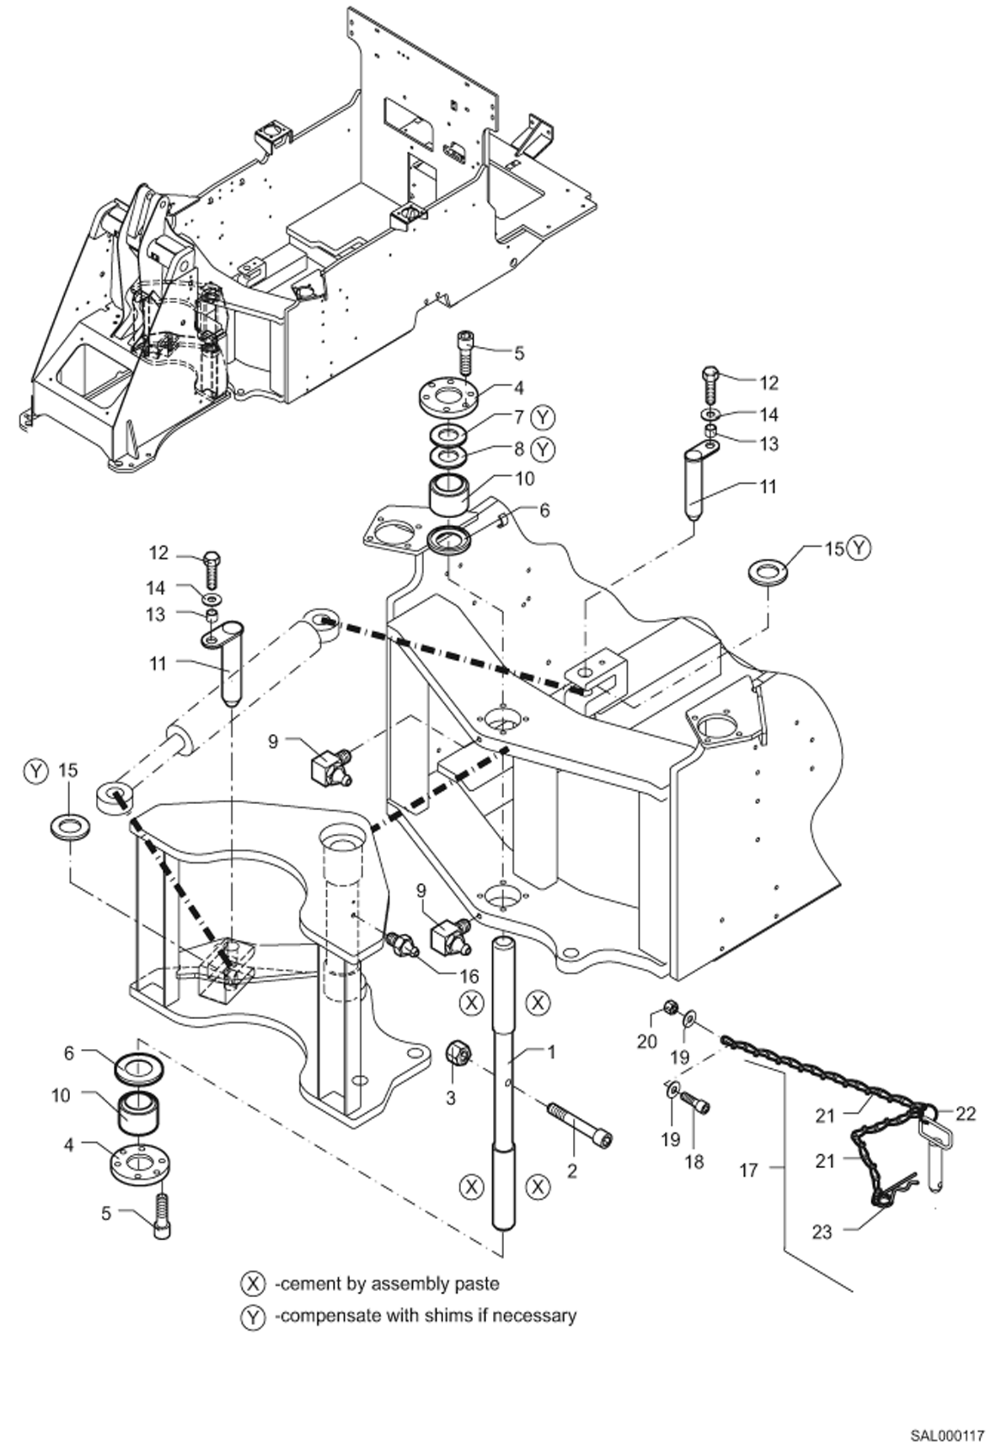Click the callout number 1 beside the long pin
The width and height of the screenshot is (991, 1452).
tap(552, 1051)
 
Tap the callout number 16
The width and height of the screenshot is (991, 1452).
tap(469, 976)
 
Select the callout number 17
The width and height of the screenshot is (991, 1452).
tap(748, 1171)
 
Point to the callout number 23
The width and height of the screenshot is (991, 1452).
tap(822, 1232)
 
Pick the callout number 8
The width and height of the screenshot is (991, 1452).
tap(519, 449)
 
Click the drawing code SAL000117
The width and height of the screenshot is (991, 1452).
tap(947, 1431)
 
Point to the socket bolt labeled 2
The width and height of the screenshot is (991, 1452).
tap(580, 1121)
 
